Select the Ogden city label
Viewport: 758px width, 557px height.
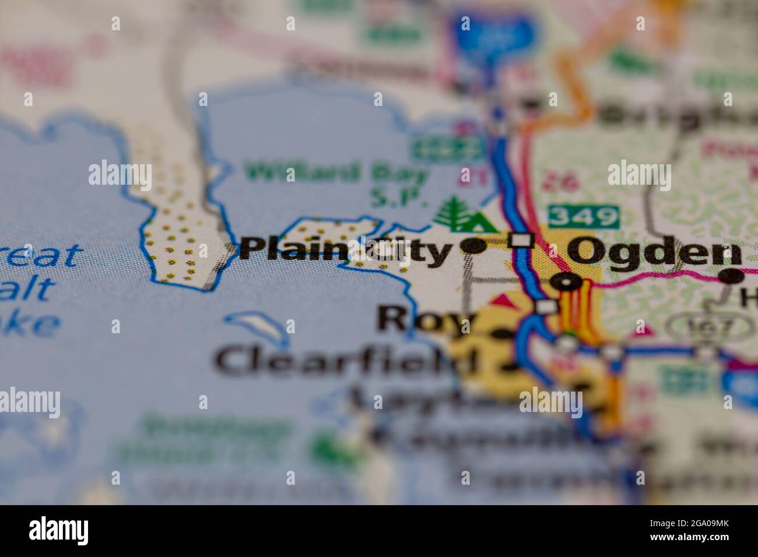click(x=655, y=252)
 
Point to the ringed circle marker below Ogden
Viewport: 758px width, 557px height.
click(x=566, y=283)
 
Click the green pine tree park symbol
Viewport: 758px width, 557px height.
click(x=451, y=211)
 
